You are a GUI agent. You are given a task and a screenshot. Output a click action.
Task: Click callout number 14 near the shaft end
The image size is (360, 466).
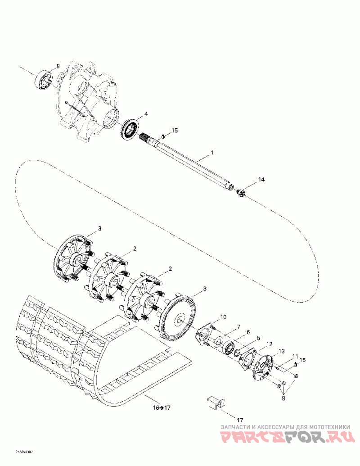coord(261,180)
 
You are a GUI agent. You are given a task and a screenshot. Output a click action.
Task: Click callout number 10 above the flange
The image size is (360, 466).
coord(224,318)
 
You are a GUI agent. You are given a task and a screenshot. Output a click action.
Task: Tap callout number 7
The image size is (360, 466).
coord(239,326)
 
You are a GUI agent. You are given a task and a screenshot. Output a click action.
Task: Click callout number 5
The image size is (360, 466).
coord(258,338)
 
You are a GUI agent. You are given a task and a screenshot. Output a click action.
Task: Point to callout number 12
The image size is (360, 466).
coord(269,344)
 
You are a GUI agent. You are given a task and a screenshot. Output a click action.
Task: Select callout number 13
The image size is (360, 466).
coord(282,351)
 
